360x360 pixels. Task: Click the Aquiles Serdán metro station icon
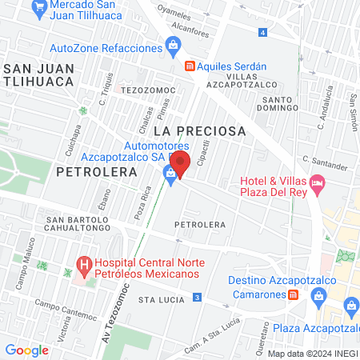(189, 66)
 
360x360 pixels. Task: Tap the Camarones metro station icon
(294, 294)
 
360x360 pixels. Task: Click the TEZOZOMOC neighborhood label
(142, 90)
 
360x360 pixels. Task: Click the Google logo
(26, 350)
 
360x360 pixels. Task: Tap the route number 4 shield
(262, 32)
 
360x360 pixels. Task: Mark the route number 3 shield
(197, 298)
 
